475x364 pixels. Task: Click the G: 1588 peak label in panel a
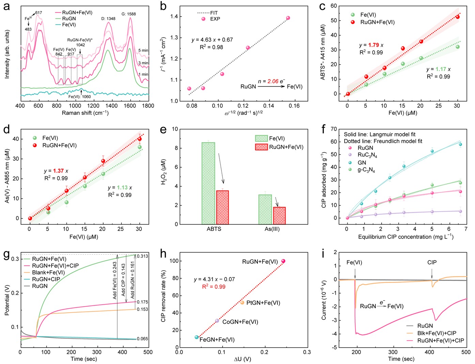point(128,14)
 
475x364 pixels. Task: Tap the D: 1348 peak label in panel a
point(108,19)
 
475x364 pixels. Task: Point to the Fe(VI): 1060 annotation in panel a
point(79,97)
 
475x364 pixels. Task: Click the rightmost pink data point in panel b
point(288,18)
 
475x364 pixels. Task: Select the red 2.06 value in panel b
point(273,81)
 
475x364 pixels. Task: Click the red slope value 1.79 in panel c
point(373,45)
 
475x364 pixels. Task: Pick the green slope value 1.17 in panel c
point(441,69)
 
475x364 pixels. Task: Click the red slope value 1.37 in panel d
point(58,171)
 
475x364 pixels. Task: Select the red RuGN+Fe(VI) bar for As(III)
point(279,215)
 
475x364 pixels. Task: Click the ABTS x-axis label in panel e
point(214,229)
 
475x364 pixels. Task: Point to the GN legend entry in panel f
point(362,163)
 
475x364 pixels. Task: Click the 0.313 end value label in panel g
point(142,256)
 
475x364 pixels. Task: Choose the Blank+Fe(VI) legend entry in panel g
point(48,273)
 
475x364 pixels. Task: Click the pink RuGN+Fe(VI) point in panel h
point(283,261)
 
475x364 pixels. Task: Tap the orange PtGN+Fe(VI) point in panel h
point(242,303)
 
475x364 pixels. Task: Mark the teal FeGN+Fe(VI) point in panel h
point(197,337)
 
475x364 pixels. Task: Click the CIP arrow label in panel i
point(432,262)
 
